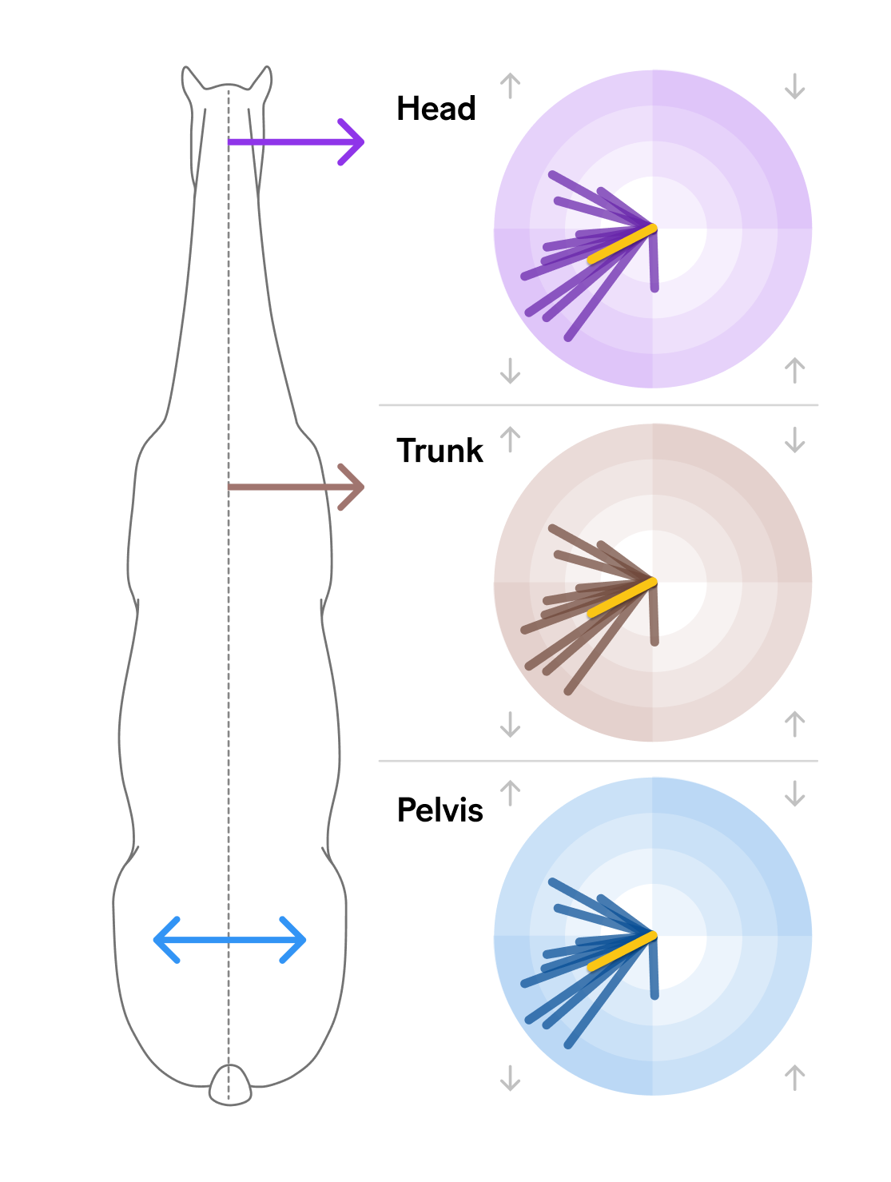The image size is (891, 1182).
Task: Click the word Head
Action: coord(436,108)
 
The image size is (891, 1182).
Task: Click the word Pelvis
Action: coord(440,810)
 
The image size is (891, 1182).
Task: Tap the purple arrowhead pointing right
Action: coord(351,142)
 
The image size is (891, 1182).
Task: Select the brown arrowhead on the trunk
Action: coord(351,487)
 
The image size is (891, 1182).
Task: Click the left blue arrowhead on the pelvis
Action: coord(167,940)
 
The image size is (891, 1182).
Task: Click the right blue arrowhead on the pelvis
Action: coord(293,940)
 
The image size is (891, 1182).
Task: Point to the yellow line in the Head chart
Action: coord(622,244)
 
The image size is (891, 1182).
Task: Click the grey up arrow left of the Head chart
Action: coord(510,86)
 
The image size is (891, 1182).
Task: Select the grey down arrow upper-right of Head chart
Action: coord(794,86)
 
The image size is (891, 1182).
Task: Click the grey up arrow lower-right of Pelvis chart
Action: coord(794,1077)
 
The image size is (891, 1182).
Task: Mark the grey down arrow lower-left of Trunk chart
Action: coord(510,724)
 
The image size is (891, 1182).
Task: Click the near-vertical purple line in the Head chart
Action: coord(654,259)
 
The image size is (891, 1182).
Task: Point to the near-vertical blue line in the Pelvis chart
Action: coord(654,966)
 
